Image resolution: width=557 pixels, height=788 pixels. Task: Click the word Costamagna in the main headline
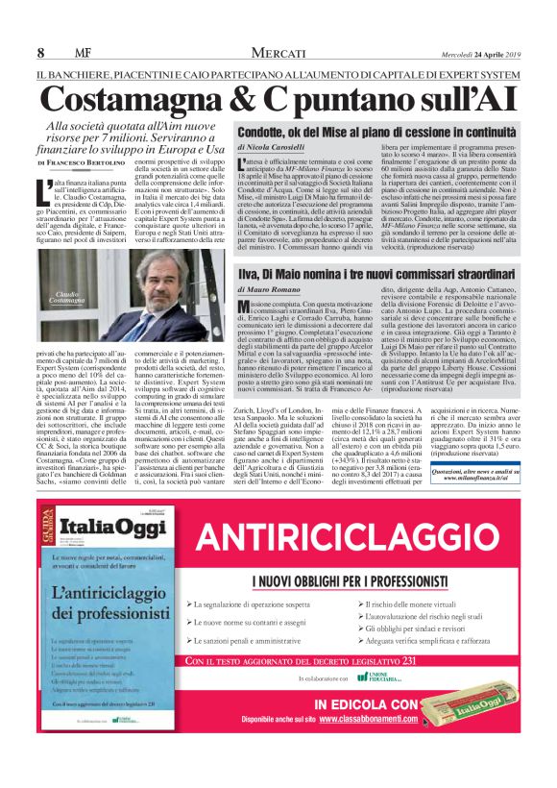tap(133, 99)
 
